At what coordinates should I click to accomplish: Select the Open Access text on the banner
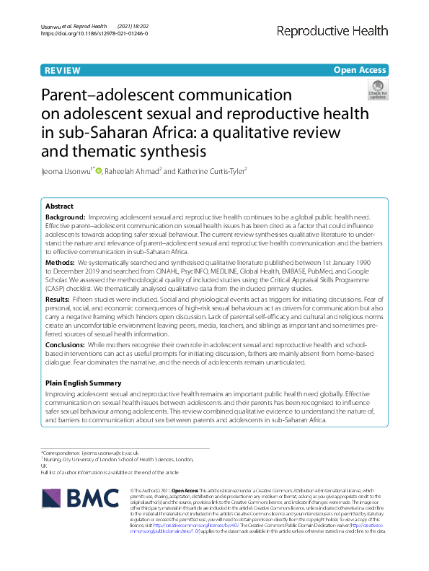pos(360,71)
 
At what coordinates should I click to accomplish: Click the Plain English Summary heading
pos(85,383)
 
